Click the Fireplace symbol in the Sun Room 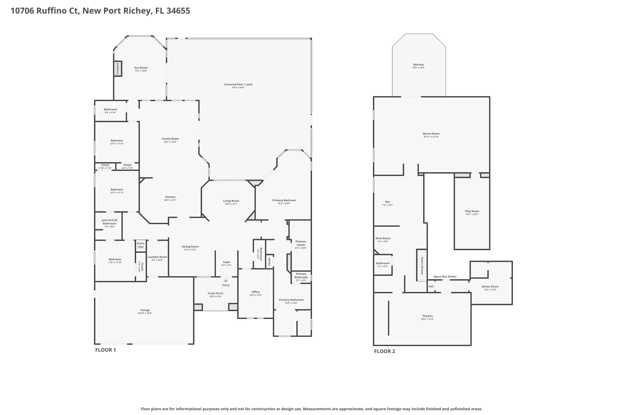pos(118,69)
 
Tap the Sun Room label pos(141,68)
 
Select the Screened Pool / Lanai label pos(238,84)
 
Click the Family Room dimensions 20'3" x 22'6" pos(170,142)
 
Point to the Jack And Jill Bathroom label pos(110,222)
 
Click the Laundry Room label pos(157,257)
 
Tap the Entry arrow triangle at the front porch pos(226,281)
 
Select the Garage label pos(145,310)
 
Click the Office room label pos(256,292)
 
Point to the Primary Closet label pos(301,243)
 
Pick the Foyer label pos(226,262)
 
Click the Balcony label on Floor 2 pos(419,64)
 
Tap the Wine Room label pos(383,238)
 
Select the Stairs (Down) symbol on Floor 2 pos(422,265)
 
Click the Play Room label pos(472,211)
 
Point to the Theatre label pos(427,316)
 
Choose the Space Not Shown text pos(445,277)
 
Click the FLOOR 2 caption pos(385,351)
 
